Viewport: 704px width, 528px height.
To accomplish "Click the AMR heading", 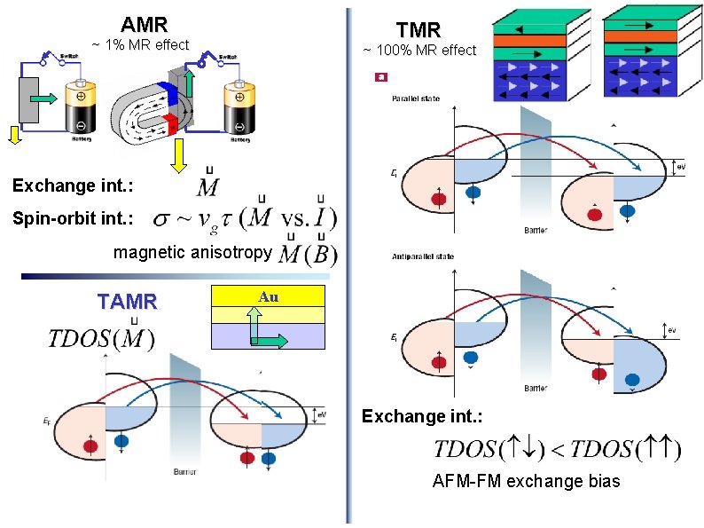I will pos(144,24).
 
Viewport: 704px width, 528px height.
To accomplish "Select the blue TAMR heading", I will pos(127,302).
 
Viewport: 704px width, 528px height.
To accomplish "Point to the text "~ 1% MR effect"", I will pos(141,44).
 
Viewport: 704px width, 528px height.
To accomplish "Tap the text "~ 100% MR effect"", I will pos(419,51).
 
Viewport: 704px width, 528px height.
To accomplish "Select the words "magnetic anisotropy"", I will pos(192,253).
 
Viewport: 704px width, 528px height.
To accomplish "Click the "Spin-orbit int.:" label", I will pos(73,217).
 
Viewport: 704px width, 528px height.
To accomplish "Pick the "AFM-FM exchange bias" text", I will pos(527,482).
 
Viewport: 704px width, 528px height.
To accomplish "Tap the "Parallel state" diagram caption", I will pos(415,99).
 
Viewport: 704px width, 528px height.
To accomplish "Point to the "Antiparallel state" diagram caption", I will pos(423,256).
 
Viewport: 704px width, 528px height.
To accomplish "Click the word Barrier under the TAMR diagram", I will pos(185,471).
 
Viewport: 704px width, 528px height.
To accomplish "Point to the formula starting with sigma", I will pos(245,217).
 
